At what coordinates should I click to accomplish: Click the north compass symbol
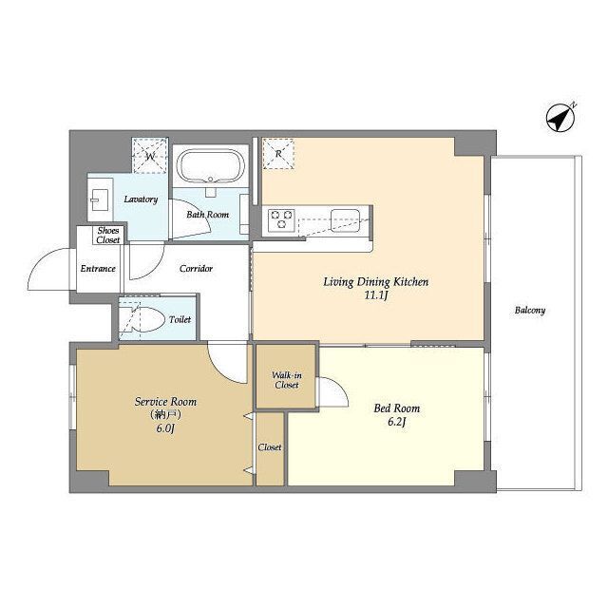560,118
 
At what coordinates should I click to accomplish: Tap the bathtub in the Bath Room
211,166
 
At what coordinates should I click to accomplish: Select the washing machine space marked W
150,156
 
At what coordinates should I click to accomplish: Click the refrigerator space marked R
278,154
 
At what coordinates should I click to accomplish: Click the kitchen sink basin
345,219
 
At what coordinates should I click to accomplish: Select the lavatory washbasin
100,199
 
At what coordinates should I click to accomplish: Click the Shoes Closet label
108,236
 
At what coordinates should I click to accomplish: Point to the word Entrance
98,268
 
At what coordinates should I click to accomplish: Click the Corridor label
197,268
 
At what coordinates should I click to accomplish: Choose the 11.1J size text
376,295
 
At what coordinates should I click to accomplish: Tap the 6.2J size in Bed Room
397,422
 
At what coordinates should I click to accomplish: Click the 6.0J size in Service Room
165,428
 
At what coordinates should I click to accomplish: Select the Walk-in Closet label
287,380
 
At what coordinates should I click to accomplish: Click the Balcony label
530,311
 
